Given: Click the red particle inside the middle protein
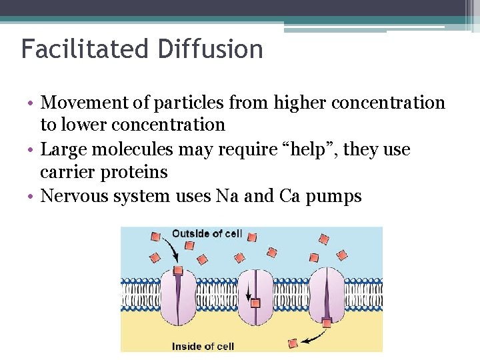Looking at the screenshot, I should pyautogui.click(x=255, y=303).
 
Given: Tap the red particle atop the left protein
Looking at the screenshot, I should pyautogui.click(x=178, y=271).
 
